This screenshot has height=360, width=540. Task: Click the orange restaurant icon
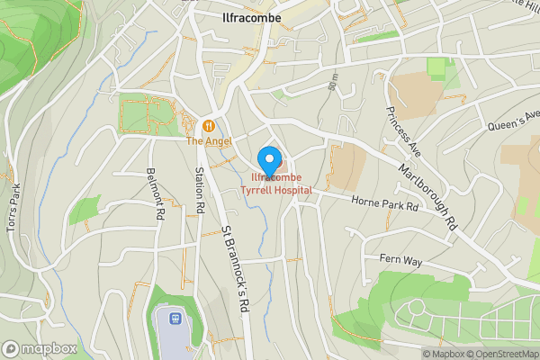(209, 126)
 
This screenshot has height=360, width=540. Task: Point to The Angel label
(209, 141)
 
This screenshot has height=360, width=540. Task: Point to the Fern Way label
(400, 260)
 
